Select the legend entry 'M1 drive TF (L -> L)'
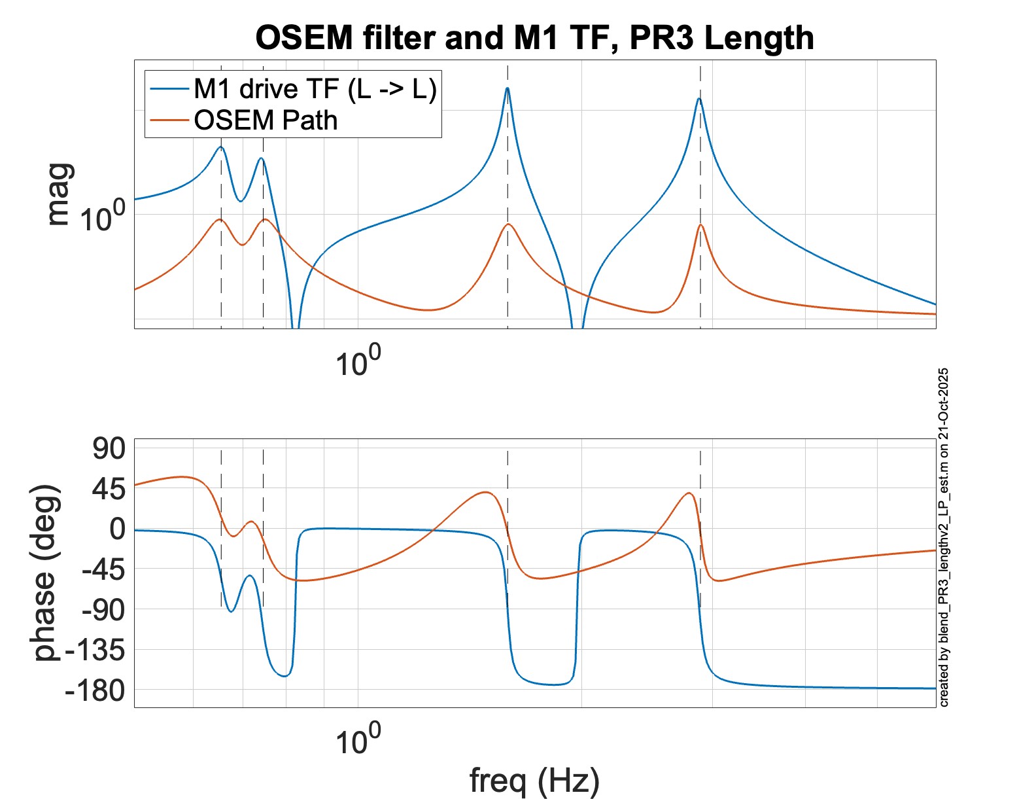[315, 88]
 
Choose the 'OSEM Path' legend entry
[266, 120]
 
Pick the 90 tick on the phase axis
[108, 449]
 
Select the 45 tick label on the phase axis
[108, 489]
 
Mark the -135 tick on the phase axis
[95, 650]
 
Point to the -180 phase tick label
[95, 690]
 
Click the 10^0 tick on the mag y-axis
[101, 216]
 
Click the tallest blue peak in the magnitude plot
[508, 89]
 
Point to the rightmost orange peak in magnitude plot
[700, 226]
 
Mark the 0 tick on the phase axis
[118, 529]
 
